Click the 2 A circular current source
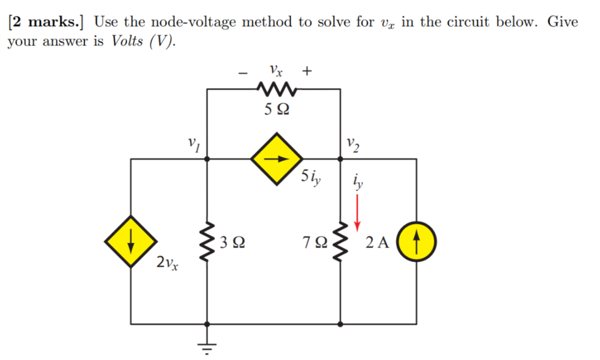coord(415,242)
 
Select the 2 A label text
coord(377,242)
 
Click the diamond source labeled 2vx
coord(131,242)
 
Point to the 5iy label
coord(311,177)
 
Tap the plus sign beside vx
coord(307,72)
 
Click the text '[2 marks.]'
coord(47,23)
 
